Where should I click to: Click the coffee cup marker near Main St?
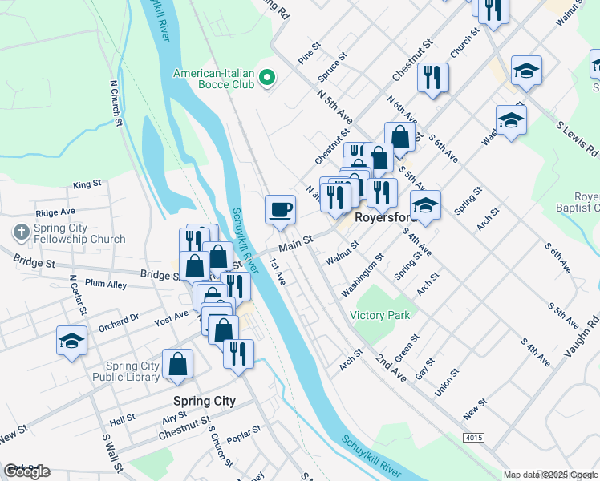[280, 210]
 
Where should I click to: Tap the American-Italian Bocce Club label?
[214, 79]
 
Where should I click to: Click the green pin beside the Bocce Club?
[269, 78]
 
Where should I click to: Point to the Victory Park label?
[380, 315]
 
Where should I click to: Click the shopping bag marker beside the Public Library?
[177, 365]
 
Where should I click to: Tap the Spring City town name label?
[205, 401]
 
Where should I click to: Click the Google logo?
[26, 471]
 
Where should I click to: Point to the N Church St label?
[116, 102]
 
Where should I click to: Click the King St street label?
[87, 184]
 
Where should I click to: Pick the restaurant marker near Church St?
[433, 78]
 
